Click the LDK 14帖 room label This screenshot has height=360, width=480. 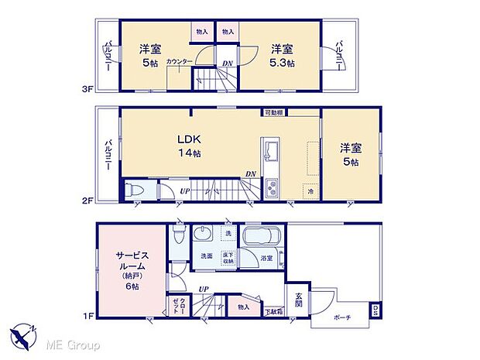pos(190,146)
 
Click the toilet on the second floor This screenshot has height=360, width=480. pos(136,190)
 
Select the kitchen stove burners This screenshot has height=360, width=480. pos(273,187)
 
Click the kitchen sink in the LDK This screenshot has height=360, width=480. pos(273,149)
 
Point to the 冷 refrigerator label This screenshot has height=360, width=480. pos(309,190)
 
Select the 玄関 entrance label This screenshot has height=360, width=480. pos(298,299)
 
